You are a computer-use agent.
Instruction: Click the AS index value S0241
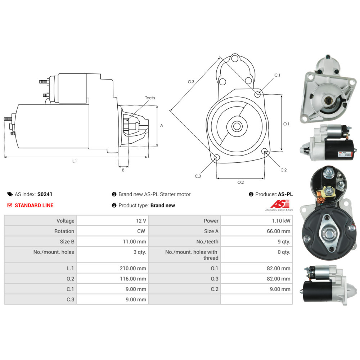click(45, 194)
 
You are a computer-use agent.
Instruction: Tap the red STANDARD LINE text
click(34, 205)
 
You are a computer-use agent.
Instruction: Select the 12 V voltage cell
click(141, 221)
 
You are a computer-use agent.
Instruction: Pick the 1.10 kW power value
click(281, 221)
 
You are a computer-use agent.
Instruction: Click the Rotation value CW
click(141, 231)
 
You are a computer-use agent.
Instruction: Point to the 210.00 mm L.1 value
click(133, 268)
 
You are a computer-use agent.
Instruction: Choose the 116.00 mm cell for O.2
click(133, 279)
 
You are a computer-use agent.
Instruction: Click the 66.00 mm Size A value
click(279, 231)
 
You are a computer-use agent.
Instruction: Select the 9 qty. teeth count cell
click(284, 242)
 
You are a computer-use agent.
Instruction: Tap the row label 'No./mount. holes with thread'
click(192, 255)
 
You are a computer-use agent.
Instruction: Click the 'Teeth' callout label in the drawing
click(150, 98)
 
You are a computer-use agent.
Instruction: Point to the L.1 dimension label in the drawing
click(75, 161)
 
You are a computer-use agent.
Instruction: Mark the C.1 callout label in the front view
click(277, 75)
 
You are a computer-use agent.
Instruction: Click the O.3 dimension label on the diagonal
click(191, 82)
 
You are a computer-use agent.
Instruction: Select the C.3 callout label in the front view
click(198, 176)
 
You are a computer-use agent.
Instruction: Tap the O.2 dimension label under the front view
click(240, 182)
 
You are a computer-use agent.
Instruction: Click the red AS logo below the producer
click(280, 204)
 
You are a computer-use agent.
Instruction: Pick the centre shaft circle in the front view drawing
click(237, 126)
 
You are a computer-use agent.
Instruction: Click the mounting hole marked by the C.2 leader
click(265, 151)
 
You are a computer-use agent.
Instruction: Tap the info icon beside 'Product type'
click(114, 205)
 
